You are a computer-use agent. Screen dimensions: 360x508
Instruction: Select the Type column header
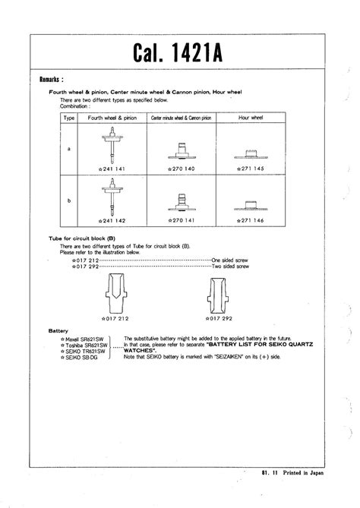coord(68,119)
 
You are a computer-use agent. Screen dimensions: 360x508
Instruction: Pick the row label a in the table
coord(68,149)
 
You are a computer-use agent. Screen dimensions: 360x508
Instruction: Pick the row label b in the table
coord(68,200)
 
